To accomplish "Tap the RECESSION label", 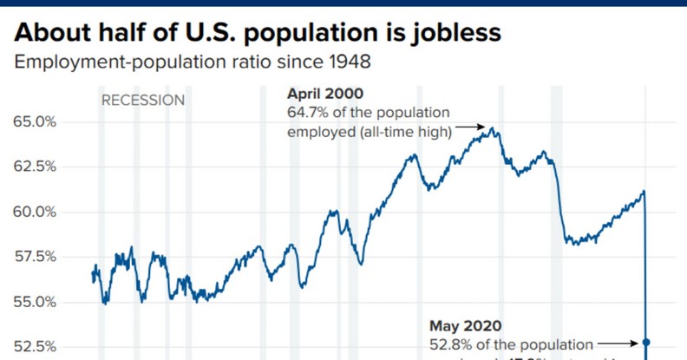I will [143, 101].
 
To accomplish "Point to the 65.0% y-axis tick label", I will [36, 121].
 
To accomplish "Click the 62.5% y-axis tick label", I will [36, 167].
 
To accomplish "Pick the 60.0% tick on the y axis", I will [36, 212].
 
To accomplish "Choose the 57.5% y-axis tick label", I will [36, 257].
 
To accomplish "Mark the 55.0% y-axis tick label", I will [36, 302].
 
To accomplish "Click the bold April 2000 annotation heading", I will [325, 94].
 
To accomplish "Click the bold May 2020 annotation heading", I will [466, 326].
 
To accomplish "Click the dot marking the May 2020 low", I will [646, 344].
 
